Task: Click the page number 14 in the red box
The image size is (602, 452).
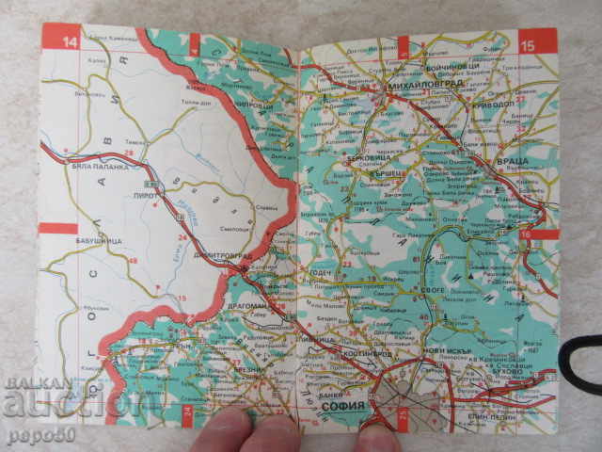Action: [x=69, y=41]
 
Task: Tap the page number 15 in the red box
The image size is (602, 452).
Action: [x=528, y=41]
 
